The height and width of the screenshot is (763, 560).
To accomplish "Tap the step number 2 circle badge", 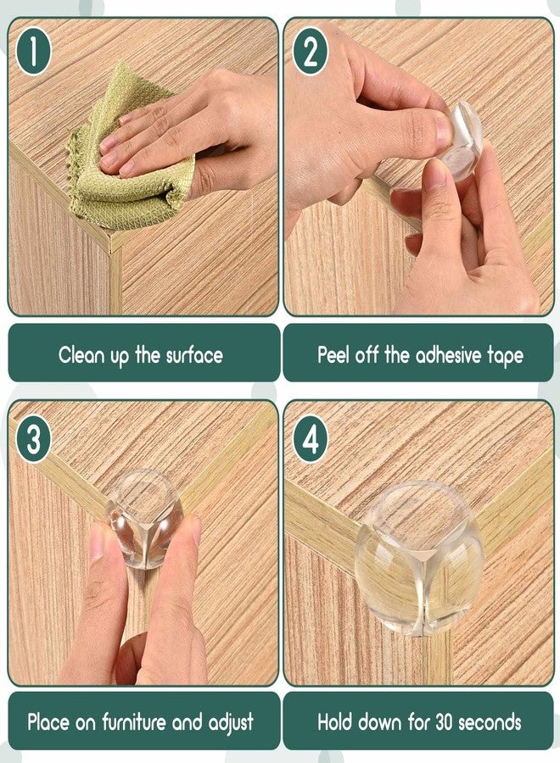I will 311,51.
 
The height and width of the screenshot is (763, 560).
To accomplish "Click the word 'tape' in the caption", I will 507,354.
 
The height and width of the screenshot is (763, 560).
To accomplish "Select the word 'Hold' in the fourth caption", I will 337,723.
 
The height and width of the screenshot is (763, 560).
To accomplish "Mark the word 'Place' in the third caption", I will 49,723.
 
